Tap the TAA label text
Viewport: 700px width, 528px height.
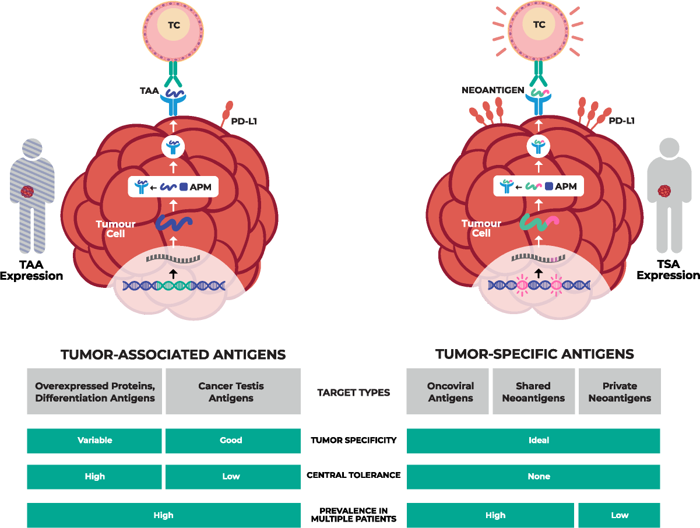click(x=149, y=91)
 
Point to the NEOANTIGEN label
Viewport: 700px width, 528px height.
click(x=493, y=90)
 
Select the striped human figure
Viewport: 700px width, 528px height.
click(x=32, y=195)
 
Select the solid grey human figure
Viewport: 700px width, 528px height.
click(x=669, y=195)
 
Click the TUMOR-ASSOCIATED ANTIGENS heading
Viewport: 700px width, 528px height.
click(x=173, y=354)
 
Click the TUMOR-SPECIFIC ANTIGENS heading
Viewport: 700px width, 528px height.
click(x=534, y=354)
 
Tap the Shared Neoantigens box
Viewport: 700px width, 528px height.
click(x=533, y=392)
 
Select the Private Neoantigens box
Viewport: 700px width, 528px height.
click(x=620, y=392)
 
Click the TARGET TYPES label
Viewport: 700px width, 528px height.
click(x=353, y=392)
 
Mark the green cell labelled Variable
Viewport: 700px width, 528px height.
click(x=94, y=441)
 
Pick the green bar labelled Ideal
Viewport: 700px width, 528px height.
click(x=533, y=441)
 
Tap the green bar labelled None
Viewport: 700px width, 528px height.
click(x=533, y=477)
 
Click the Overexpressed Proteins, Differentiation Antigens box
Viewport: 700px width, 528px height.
click(x=94, y=392)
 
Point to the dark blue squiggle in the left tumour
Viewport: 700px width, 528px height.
click(x=173, y=224)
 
